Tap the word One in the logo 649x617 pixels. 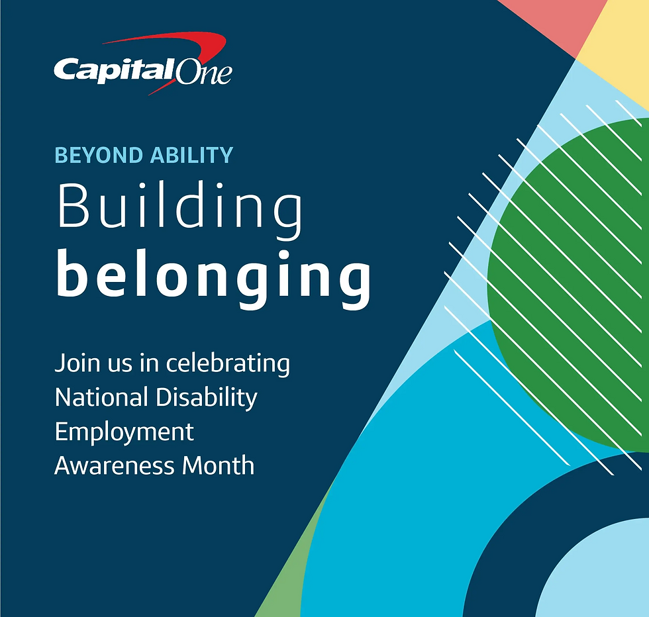(x=203, y=71)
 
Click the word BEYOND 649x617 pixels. (x=99, y=155)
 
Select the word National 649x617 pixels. (x=101, y=397)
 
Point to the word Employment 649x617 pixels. (x=124, y=433)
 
